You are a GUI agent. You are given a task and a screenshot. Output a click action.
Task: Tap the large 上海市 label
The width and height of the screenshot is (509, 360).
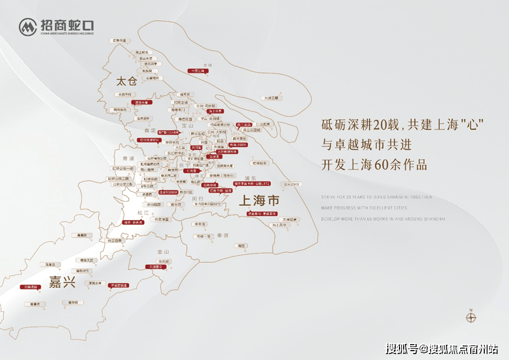click(258, 201)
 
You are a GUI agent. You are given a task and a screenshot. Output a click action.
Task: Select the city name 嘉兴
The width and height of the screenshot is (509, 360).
click(62, 282)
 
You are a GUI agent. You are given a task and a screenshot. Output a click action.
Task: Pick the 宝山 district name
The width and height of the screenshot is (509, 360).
click(188, 125)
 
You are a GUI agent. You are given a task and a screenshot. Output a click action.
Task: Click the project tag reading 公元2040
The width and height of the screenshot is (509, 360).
click(291, 184)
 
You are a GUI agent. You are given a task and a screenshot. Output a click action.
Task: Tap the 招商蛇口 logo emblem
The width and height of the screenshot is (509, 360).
click(28, 26)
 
